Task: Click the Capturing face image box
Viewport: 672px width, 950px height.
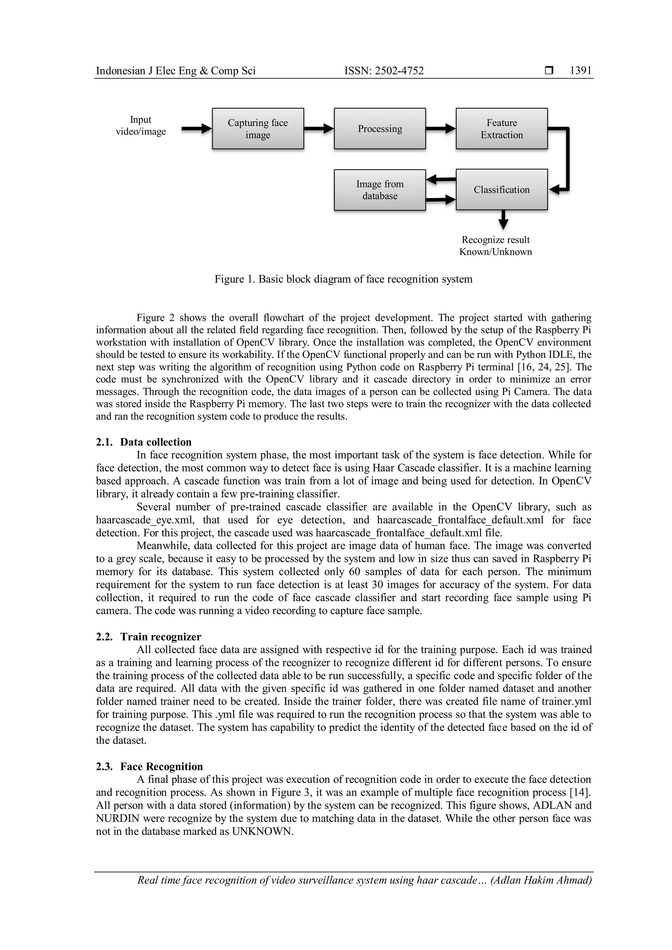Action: click(258, 129)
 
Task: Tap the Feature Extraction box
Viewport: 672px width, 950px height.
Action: click(501, 129)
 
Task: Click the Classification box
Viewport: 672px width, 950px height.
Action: click(501, 190)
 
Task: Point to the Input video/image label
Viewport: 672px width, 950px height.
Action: click(141, 125)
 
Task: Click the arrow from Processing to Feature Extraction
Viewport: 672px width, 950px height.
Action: click(441, 129)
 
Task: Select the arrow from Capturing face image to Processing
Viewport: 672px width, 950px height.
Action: click(319, 129)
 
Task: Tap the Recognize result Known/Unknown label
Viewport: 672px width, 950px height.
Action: click(495, 246)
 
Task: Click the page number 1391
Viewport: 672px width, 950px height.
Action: click(580, 71)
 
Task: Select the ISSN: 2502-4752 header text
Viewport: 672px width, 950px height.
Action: click(384, 71)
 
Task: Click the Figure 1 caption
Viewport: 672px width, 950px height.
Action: click(344, 279)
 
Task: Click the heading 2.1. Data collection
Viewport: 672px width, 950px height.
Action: click(144, 442)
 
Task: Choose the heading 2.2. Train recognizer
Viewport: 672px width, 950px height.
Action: click(149, 637)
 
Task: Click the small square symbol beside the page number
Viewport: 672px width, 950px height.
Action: click(549, 71)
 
